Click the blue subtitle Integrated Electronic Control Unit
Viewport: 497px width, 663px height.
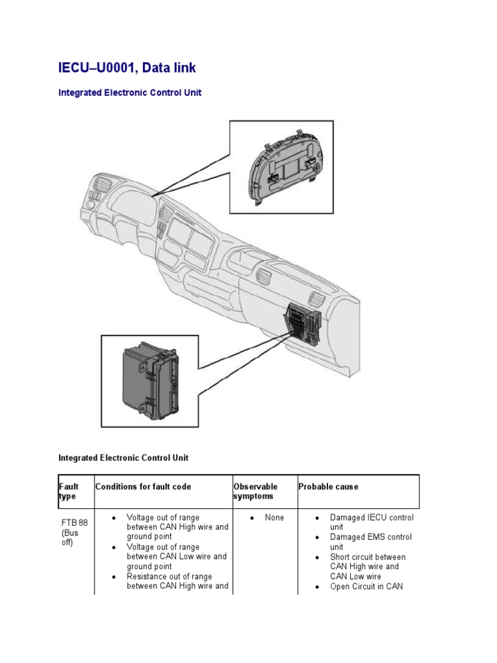pos(130,93)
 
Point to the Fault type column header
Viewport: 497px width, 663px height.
pos(69,491)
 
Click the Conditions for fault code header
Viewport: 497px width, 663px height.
pos(143,487)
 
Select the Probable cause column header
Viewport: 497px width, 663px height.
pos(328,487)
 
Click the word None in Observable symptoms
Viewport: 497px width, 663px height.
pos(274,518)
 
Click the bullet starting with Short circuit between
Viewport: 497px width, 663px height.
pos(368,567)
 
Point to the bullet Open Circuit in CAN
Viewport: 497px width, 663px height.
pos(366,587)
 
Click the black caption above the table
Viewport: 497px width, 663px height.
pos(124,458)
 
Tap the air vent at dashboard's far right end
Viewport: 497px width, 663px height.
pos(316,300)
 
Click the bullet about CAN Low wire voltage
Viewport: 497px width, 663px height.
pos(177,556)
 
